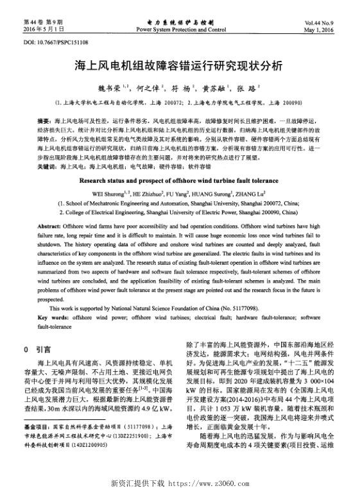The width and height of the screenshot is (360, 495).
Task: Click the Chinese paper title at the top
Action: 180,66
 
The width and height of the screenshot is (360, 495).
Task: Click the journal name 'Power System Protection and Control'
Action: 180,29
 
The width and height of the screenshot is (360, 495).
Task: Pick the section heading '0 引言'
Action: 38,350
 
